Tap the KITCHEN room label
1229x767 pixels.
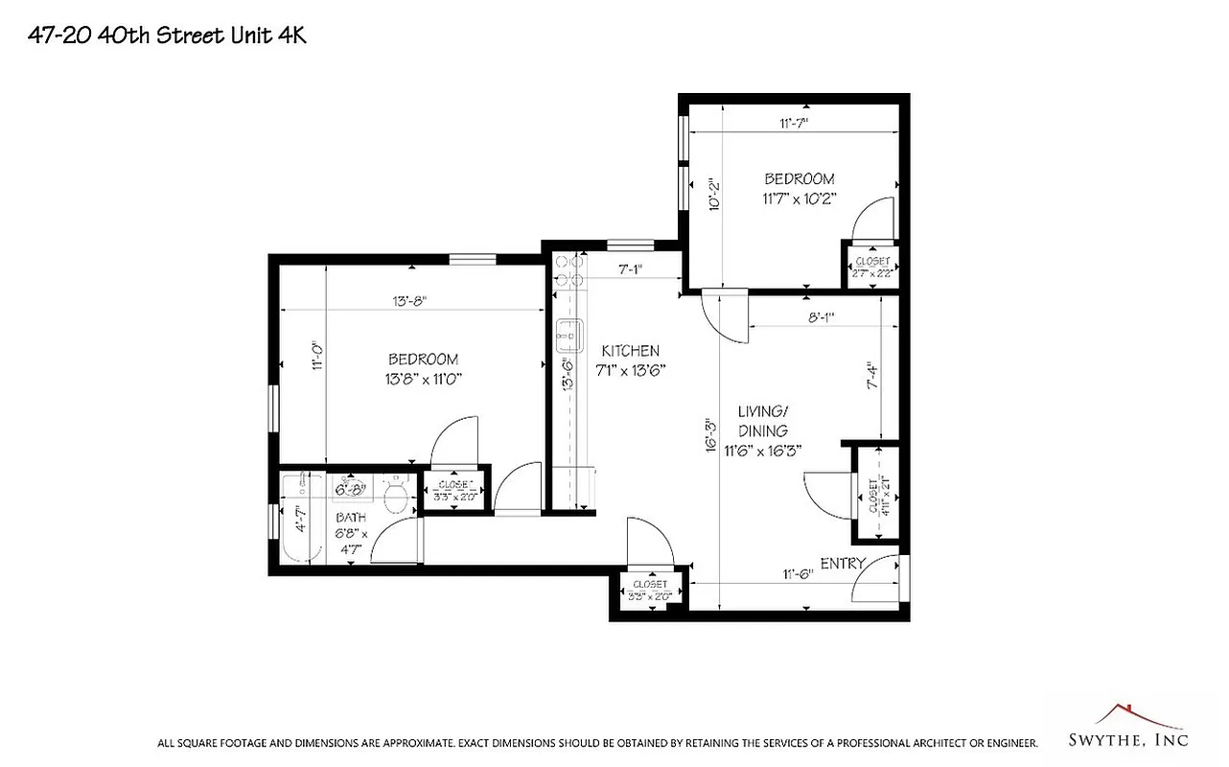(630, 351)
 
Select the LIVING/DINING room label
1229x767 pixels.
(763, 421)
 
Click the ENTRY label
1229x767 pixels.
(843, 563)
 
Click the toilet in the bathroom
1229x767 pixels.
(394, 495)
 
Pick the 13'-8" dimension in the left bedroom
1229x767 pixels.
(409, 301)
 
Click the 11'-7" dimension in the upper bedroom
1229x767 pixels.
(795, 123)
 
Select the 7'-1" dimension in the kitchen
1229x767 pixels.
(630, 270)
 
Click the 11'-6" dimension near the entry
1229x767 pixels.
(798, 574)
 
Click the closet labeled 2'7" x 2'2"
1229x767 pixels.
(872, 266)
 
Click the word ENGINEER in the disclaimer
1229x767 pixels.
(1006, 743)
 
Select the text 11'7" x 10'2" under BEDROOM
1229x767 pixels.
(800, 199)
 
